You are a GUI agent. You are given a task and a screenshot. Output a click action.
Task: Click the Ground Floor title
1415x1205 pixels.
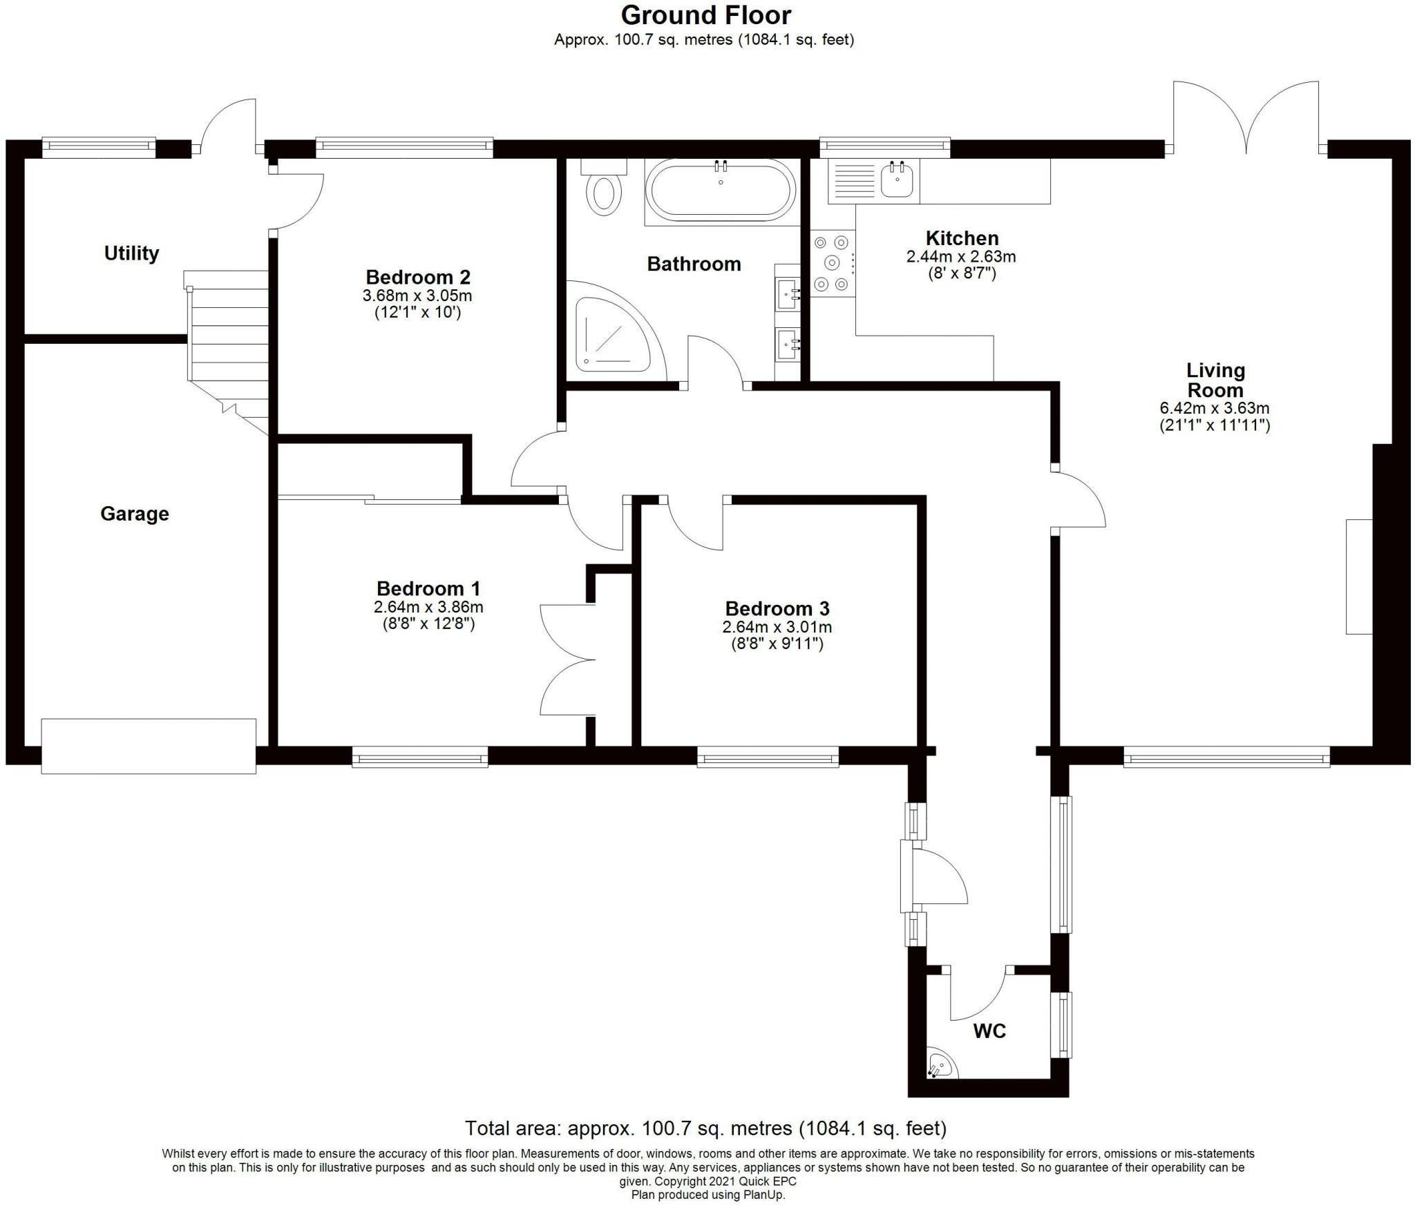(x=705, y=15)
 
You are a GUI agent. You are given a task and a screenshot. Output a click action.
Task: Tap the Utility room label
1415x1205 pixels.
(x=131, y=253)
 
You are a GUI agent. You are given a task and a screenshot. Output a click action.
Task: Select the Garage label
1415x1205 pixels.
(x=135, y=514)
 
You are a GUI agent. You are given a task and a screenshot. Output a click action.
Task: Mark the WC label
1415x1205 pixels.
(x=989, y=1032)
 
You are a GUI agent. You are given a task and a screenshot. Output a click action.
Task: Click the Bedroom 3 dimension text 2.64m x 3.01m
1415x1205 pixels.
(x=777, y=627)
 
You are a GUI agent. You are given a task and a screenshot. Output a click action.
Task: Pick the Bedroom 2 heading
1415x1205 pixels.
(x=418, y=277)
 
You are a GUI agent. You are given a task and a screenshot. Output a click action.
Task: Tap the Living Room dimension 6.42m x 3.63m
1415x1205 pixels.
(x=1215, y=408)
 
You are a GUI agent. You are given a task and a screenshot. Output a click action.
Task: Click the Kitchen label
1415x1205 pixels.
(x=962, y=238)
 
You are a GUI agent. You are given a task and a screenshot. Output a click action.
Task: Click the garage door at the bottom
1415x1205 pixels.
(x=149, y=746)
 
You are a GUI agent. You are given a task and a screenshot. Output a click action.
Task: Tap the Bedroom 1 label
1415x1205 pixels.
(x=428, y=589)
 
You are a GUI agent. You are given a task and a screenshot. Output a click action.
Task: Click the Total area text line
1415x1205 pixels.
(x=705, y=1128)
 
